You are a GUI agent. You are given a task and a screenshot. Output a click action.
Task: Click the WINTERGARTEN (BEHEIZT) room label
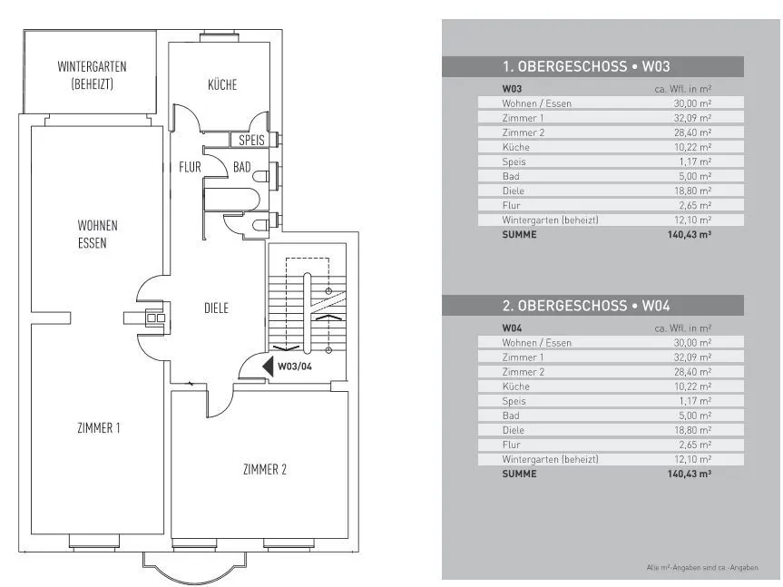pyautogui.click(x=92, y=75)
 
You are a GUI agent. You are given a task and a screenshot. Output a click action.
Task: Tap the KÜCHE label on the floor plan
pyautogui.click(x=222, y=85)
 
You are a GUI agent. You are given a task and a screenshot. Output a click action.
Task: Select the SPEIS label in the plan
pyautogui.click(x=251, y=141)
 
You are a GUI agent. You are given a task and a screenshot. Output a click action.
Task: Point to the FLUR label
pyautogui.click(x=190, y=167)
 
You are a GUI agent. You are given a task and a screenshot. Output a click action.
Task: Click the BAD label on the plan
pyautogui.click(x=241, y=167)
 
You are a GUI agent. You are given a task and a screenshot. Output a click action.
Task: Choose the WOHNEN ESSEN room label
pyautogui.click(x=97, y=233)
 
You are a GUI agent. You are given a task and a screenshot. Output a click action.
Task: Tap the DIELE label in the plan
pyautogui.click(x=216, y=308)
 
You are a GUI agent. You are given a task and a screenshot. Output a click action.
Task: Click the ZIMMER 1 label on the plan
pyautogui.click(x=99, y=428)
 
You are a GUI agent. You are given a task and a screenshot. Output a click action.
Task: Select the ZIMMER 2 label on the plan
pyautogui.click(x=265, y=469)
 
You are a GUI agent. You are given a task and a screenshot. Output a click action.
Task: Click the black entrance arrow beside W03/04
pyautogui.click(x=268, y=367)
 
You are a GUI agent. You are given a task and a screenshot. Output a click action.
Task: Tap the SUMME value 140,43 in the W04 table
pyautogui.click(x=689, y=474)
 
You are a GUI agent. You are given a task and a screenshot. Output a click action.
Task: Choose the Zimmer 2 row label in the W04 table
pyautogui.click(x=523, y=372)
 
